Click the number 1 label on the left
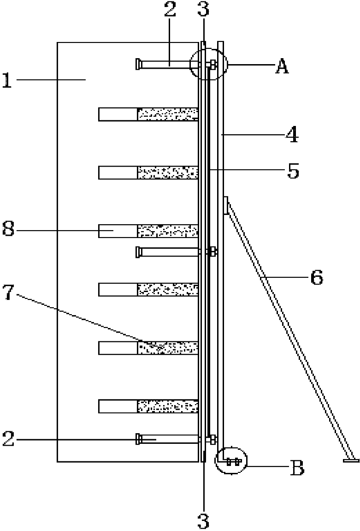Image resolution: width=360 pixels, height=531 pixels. tap(7, 80)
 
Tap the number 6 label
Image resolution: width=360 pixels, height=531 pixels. tap(317, 277)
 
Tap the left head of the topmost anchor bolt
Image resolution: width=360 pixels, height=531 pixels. tap(137, 65)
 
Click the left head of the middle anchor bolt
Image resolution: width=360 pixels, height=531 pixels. tap(138, 252)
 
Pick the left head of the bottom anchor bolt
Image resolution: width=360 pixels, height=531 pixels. tap(137, 439)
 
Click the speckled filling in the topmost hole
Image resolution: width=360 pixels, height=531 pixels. tap(167, 114)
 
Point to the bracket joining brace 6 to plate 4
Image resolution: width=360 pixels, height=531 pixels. tap(226, 205)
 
